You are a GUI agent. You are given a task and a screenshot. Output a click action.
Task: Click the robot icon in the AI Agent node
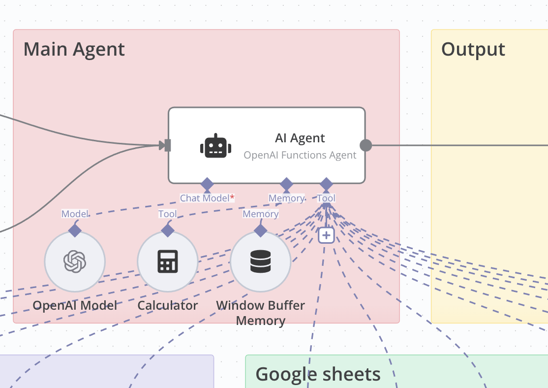pyautogui.click(x=215, y=146)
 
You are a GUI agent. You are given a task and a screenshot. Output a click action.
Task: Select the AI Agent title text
pyautogui.click(x=300, y=138)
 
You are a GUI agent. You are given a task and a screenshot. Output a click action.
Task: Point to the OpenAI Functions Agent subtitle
pyautogui.click(x=300, y=155)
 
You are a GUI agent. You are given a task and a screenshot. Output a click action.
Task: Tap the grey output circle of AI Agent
pyautogui.click(x=365, y=145)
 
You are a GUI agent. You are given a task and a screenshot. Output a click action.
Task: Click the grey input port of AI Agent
pyautogui.click(x=167, y=145)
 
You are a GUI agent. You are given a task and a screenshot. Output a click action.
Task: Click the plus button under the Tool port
pyautogui.click(x=326, y=235)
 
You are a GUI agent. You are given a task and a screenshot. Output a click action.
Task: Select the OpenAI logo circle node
pyautogui.click(x=75, y=261)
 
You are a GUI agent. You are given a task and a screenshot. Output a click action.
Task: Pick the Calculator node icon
pyautogui.click(x=167, y=261)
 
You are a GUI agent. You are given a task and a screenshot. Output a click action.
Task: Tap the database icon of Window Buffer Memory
pyautogui.click(x=260, y=261)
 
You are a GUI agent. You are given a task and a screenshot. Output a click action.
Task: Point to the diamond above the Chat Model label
pyautogui.click(x=207, y=184)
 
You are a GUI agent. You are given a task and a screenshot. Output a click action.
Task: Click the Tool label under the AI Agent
pyautogui.click(x=326, y=198)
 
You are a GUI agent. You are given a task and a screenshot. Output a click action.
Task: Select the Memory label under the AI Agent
pyautogui.click(x=286, y=198)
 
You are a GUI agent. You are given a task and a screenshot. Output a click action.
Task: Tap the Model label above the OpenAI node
pyautogui.click(x=75, y=214)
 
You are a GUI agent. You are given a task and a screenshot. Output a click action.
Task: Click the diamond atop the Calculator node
pyautogui.click(x=168, y=229)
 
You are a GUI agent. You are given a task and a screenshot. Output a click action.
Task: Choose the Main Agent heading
pyautogui.click(x=74, y=49)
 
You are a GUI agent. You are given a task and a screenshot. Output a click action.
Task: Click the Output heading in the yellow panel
pyautogui.click(x=473, y=49)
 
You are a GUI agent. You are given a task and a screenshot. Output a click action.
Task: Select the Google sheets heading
pyautogui.click(x=318, y=374)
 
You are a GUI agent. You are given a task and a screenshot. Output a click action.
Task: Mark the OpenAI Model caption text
pyautogui.click(x=75, y=305)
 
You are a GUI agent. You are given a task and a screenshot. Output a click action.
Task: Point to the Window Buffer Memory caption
pyautogui.click(x=260, y=313)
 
